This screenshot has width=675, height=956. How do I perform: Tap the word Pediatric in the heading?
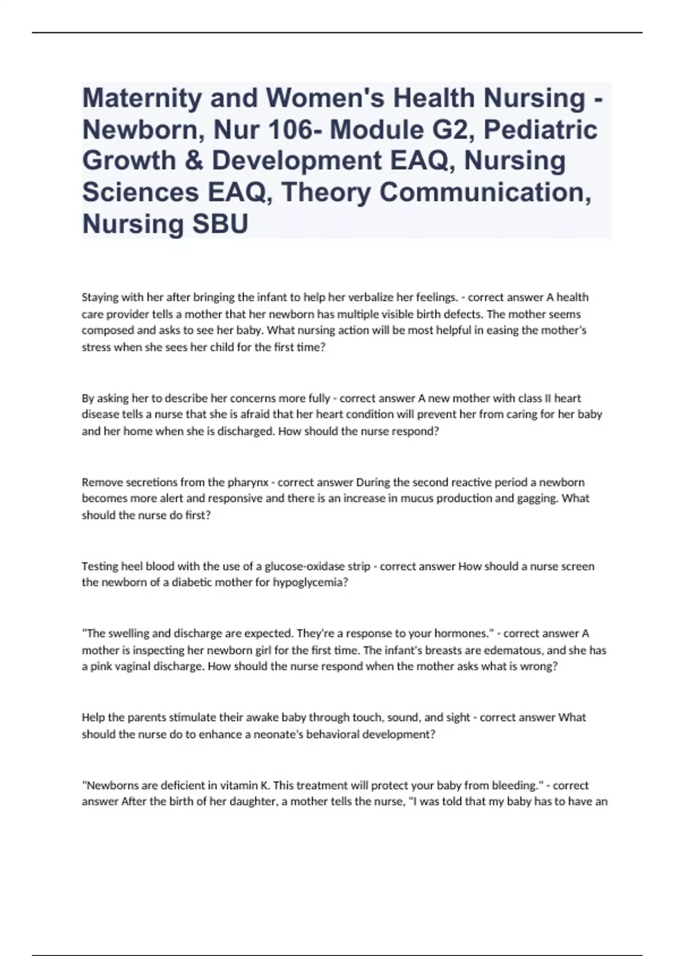[541, 130]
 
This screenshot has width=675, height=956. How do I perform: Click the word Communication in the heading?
[485, 192]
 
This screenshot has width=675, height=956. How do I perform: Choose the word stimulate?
[191, 718]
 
